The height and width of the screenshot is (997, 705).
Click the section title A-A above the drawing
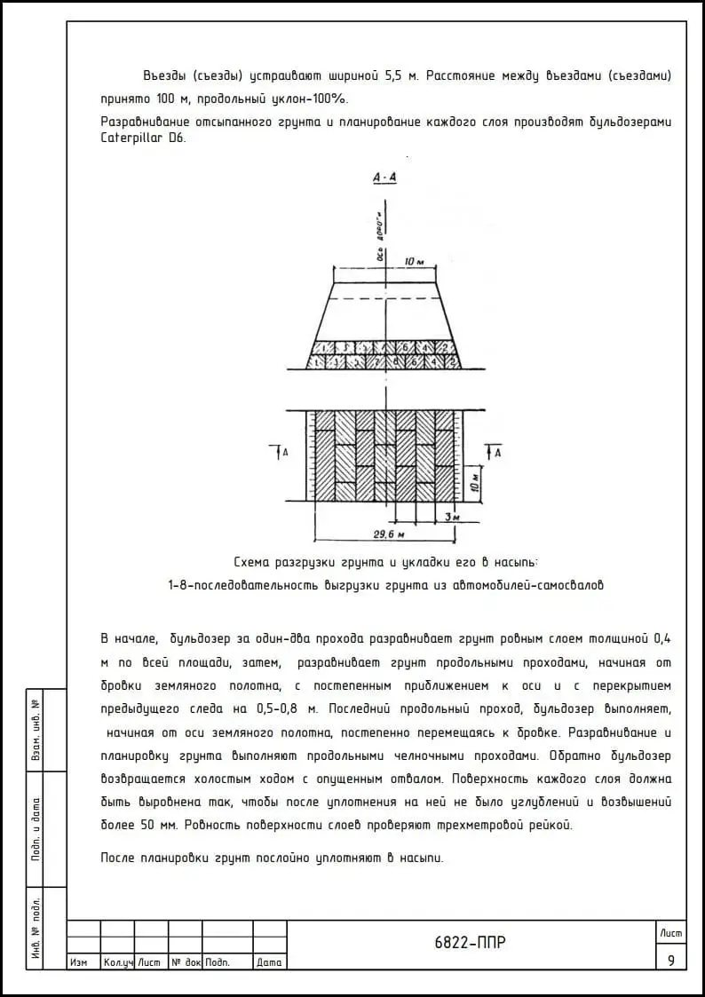385,178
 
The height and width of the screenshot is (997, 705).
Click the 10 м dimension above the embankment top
414,261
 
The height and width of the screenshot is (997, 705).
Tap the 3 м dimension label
452,515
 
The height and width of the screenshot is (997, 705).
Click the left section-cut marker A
283,453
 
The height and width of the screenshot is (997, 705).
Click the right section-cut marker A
498,453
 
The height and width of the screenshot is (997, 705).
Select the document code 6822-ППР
471,943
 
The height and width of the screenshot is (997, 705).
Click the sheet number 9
670,960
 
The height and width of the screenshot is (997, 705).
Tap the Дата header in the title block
269,962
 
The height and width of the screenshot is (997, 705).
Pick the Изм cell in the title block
78,962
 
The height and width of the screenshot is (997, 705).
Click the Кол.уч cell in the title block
117,962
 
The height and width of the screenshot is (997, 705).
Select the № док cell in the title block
186,962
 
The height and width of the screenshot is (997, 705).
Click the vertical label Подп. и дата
36,829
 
